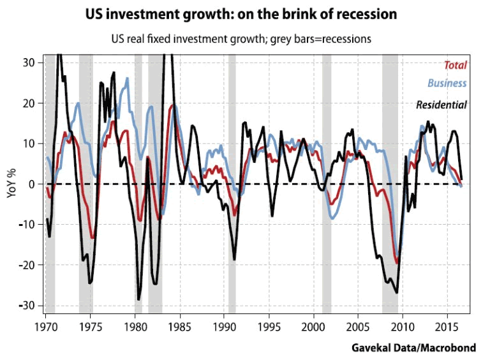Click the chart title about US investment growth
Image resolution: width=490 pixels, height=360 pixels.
click(246, 14)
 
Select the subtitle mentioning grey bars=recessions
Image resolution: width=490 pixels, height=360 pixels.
click(246, 38)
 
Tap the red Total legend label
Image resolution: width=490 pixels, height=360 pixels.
click(455, 65)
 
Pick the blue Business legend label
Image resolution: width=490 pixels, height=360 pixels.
click(447, 84)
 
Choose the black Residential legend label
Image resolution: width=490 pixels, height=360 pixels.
click(442, 105)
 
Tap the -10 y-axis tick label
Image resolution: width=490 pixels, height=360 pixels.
click(28, 225)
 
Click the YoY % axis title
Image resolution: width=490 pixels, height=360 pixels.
click(11, 184)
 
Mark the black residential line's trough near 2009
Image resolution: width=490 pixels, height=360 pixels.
click(397, 292)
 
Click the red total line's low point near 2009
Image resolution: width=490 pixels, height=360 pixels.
click(397, 262)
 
